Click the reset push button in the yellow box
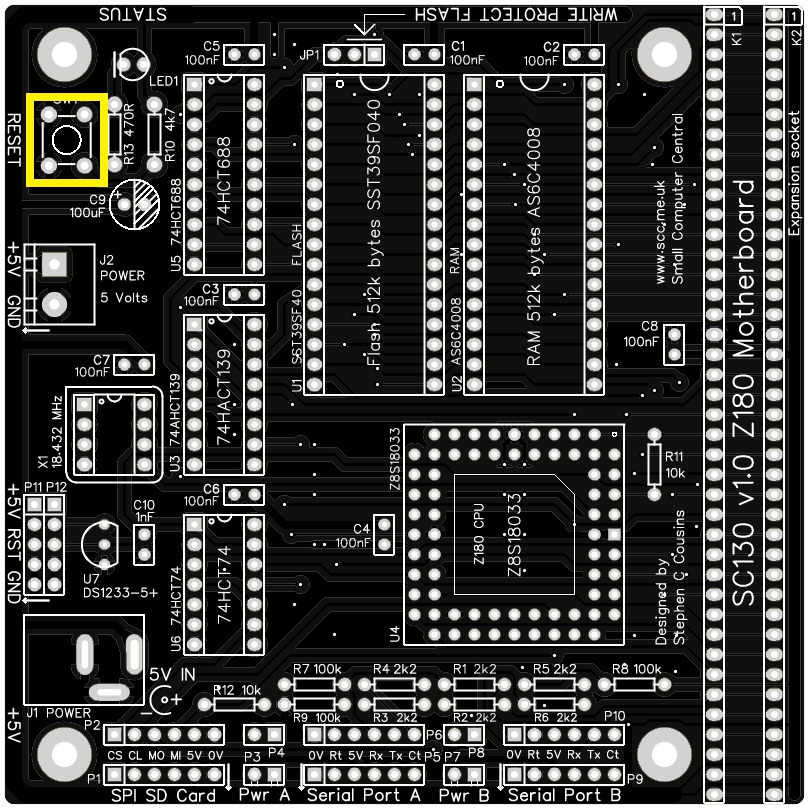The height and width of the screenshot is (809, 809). [66, 141]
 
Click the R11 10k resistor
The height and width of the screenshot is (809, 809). [654, 464]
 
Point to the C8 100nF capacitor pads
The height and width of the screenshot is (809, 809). [675, 344]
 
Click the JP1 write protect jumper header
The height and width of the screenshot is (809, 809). [354, 54]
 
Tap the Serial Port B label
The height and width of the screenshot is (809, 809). [564, 796]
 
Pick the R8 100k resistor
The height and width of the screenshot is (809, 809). [634, 685]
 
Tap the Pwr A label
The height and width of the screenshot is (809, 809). [264, 796]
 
